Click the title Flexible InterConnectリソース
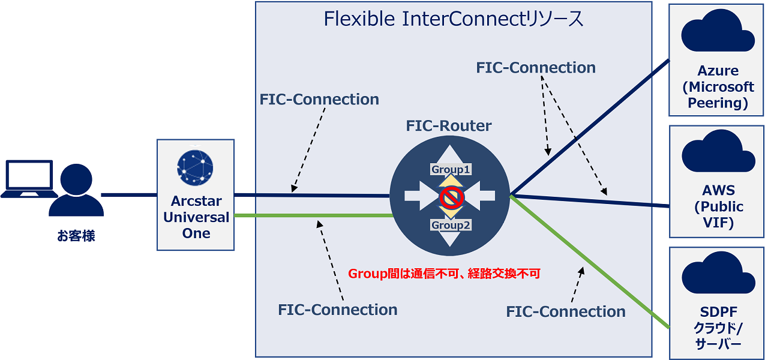(x=454, y=19)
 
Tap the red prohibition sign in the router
(x=449, y=196)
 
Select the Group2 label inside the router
(x=450, y=226)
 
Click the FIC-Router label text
(x=449, y=126)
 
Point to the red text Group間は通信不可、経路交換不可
(x=445, y=274)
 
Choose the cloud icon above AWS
(x=718, y=152)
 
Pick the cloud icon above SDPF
(x=718, y=274)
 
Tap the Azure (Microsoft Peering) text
(x=718, y=87)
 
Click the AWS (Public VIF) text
(x=718, y=207)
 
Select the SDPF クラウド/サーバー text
(x=718, y=328)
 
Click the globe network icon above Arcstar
(x=195, y=166)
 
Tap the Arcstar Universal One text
(x=196, y=217)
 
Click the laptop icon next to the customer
(x=27, y=179)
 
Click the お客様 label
(x=76, y=236)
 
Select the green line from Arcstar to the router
(x=312, y=215)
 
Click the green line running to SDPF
(x=594, y=268)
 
